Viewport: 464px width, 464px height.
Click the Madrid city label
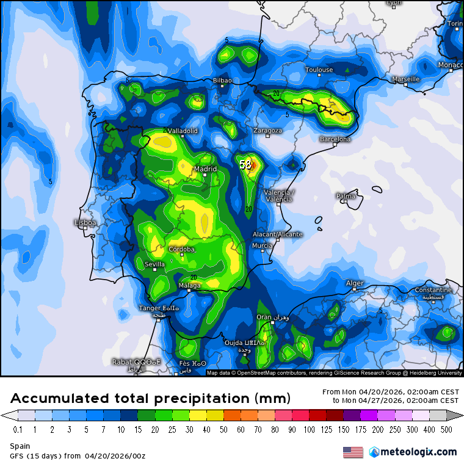(205, 169)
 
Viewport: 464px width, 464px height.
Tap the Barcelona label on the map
(335, 139)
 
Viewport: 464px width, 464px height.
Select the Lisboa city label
(85, 223)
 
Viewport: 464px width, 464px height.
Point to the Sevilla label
(154, 264)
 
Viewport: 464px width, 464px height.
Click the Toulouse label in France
(319, 70)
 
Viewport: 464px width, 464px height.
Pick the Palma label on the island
(346, 196)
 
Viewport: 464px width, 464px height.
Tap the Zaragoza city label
(268, 131)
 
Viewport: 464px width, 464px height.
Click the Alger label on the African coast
(355, 283)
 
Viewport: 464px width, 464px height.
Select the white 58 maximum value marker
(245, 165)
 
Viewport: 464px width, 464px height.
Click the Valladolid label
(182, 131)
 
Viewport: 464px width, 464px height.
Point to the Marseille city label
(406, 79)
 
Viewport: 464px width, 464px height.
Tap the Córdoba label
(181, 249)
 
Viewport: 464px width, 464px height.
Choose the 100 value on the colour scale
(310, 429)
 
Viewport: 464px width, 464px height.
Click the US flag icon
(352, 452)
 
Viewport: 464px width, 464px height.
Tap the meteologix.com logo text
(418, 452)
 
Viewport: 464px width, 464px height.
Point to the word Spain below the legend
(20, 446)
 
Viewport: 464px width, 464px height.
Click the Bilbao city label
(222, 81)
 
